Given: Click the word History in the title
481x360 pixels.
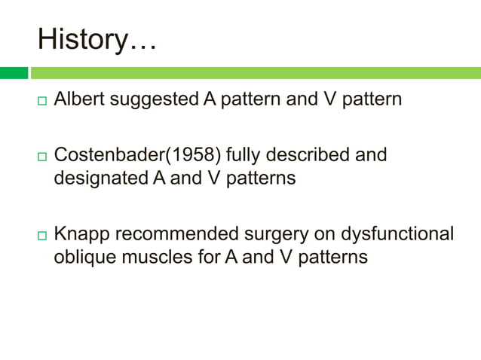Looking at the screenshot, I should tap(83, 39).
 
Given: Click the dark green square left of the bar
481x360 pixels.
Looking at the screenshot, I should tap(14, 73).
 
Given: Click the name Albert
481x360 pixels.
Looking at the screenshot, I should tap(79, 99).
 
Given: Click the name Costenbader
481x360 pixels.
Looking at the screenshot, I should tap(104, 155).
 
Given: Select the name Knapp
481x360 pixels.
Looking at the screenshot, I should tap(78, 234).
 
